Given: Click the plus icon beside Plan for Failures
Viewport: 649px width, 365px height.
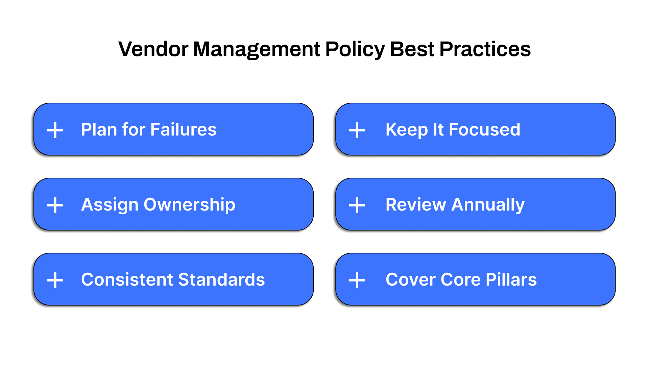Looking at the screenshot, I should pos(55,130).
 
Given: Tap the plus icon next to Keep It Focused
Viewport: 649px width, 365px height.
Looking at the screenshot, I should pos(357,130).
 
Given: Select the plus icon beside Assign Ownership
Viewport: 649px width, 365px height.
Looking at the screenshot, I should pos(55,205).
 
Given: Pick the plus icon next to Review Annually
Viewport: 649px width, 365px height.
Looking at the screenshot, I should pos(357,205).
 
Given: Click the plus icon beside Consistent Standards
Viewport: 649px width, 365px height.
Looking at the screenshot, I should pos(55,280).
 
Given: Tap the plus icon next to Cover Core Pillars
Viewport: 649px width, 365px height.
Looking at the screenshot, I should pos(357,280).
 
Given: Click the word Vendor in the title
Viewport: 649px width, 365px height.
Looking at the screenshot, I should pos(153,49).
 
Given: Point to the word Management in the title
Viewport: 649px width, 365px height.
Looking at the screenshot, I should pos(256,49).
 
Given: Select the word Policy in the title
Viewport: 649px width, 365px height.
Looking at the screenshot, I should pos(355,49).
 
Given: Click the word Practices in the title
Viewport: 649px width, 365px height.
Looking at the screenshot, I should pos(485,49).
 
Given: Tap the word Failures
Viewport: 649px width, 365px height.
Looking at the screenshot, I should pos(184,129).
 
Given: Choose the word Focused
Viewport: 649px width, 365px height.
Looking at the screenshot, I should pos(484,129).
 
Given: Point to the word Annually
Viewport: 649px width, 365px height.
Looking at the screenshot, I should pos(488,205).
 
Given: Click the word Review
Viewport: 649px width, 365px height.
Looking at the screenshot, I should pos(416,205).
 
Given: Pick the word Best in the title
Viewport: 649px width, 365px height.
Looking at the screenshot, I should pos(412,49).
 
